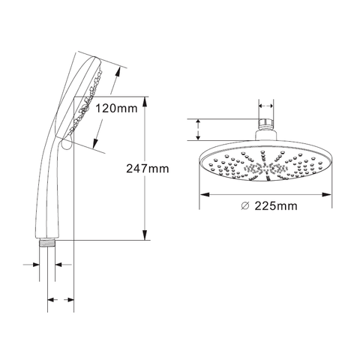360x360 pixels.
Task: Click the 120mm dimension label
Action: pyautogui.click(x=117, y=109)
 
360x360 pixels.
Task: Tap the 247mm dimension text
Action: pyautogui.click(x=148, y=169)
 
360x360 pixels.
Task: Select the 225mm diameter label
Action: pyautogui.click(x=276, y=206)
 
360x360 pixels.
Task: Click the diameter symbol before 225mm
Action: pyautogui.click(x=245, y=205)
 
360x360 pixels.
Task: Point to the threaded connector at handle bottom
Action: pyautogui.click(x=47, y=243)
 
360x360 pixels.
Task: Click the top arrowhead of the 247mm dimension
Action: pyautogui.click(x=145, y=102)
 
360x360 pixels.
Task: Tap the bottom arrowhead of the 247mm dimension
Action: pyautogui.click(x=145, y=235)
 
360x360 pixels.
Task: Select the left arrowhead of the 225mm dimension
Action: pyautogui.click(x=205, y=194)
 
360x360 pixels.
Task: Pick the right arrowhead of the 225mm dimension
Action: pyautogui.click(x=327, y=194)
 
